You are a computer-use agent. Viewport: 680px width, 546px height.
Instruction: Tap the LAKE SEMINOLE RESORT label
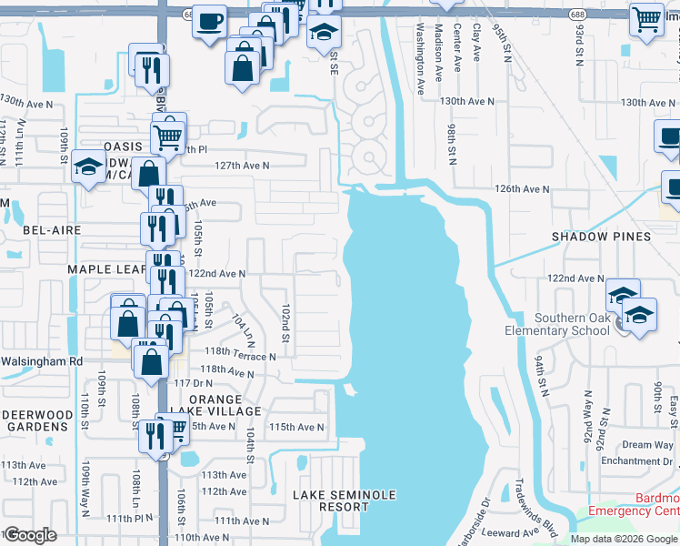tap(345, 501)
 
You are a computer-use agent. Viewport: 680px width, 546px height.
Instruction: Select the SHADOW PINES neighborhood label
tap(602, 237)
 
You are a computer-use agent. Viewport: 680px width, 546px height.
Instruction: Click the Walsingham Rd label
tap(42, 361)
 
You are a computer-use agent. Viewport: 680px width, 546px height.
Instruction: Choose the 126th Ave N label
tap(522, 189)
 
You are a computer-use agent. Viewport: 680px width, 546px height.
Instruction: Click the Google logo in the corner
tap(29, 535)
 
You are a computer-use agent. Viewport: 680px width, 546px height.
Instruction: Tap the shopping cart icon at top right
tap(646, 18)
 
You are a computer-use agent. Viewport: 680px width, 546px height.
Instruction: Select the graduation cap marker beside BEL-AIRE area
tap(89, 167)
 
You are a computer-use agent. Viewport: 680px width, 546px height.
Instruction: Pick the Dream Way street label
tap(648, 445)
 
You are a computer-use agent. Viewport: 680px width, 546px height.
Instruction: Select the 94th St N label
tap(543, 376)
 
